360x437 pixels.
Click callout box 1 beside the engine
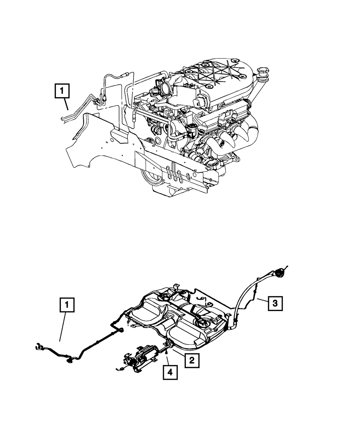(x=62, y=91)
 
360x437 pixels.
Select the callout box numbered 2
(x=192, y=360)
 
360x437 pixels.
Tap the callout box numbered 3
(x=275, y=303)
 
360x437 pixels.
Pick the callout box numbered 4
(x=170, y=372)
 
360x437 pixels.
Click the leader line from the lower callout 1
(x=63, y=326)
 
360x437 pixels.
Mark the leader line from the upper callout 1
(x=66, y=104)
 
